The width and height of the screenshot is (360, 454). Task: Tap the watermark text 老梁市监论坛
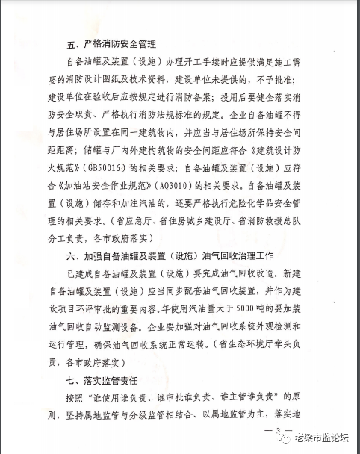coord(321,438)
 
